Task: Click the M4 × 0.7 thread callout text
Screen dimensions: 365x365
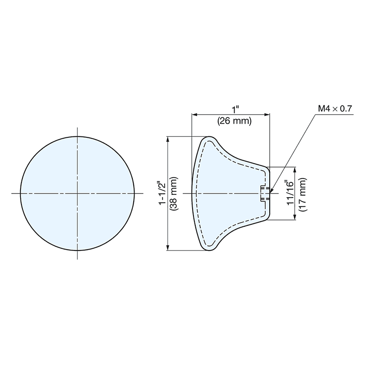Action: click(335, 109)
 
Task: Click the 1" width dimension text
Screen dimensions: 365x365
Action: click(235, 110)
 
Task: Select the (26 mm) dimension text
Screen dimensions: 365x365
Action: click(233, 121)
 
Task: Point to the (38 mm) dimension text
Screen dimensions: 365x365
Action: click(173, 193)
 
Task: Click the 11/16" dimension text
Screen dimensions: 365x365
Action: click(288, 193)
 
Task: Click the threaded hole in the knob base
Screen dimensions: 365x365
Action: click(264, 193)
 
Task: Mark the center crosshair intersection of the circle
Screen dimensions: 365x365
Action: click(78, 193)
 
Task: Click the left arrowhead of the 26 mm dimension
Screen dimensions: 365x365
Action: click(193, 115)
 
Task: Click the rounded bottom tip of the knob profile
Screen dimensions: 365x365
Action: click(209, 250)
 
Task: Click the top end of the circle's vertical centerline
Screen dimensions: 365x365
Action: click(78, 128)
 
